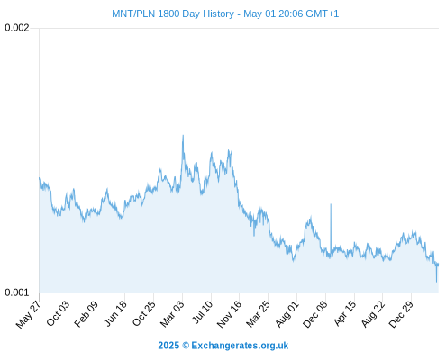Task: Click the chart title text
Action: point(225,13)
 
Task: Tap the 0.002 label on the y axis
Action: point(17,28)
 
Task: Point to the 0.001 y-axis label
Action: point(17,292)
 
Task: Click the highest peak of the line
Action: point(183,135)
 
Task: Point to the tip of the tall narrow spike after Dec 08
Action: point(331,204)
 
